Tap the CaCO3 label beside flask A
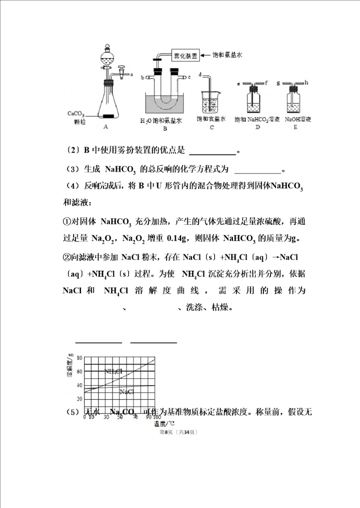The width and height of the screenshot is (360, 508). tap(76, 114)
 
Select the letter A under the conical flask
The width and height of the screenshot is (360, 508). tap(105, 127)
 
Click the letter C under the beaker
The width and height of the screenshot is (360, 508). tap(211, 127)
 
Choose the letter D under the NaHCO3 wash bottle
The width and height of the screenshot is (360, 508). tap(257, 127)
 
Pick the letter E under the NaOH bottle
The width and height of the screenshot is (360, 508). tap(295, 127)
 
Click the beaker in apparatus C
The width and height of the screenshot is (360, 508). tap(211, 102)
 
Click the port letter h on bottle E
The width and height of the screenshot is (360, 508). tap(306, 82)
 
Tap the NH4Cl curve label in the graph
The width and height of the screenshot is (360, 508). tap(113, 371)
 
